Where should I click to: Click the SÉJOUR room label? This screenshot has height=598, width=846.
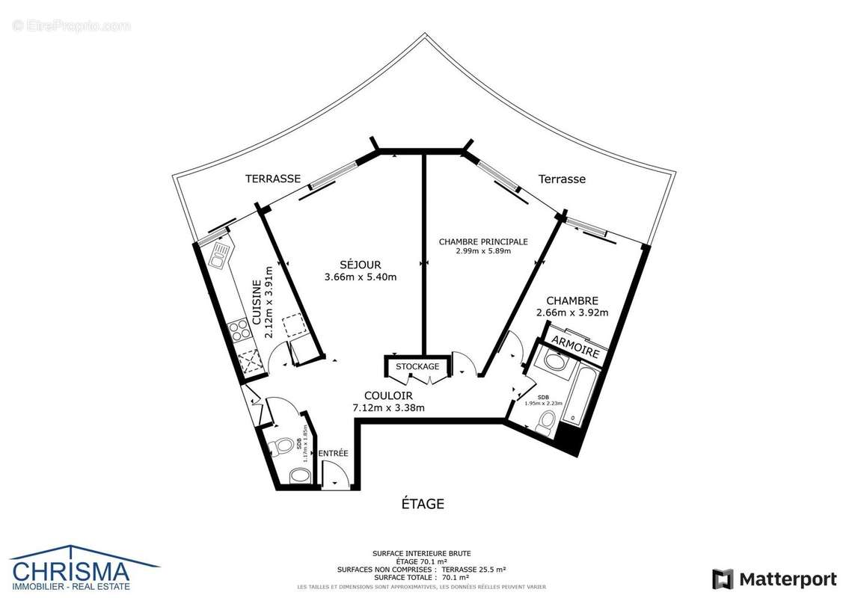[360, 265]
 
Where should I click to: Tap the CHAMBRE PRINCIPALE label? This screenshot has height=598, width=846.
[483, 241]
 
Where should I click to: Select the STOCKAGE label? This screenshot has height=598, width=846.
[417, 367]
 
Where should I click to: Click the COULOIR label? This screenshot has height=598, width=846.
[388, 395]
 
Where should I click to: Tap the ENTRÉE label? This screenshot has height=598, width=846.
[333, 454]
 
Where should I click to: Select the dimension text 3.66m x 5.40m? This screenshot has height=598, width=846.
[360, 277]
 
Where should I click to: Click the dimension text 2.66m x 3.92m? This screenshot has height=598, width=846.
[572, 312]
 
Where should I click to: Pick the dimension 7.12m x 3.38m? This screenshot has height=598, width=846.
[388, 408]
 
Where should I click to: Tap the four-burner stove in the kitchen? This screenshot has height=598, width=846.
[242, 330]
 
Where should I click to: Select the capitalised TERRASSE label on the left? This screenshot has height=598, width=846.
[273, 179]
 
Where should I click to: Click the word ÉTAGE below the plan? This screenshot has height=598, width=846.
[423, 504]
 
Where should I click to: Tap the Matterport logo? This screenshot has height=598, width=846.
[774, 579]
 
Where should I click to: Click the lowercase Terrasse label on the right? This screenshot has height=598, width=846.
[562, 179]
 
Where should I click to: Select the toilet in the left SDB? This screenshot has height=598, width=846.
[283, 446]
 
